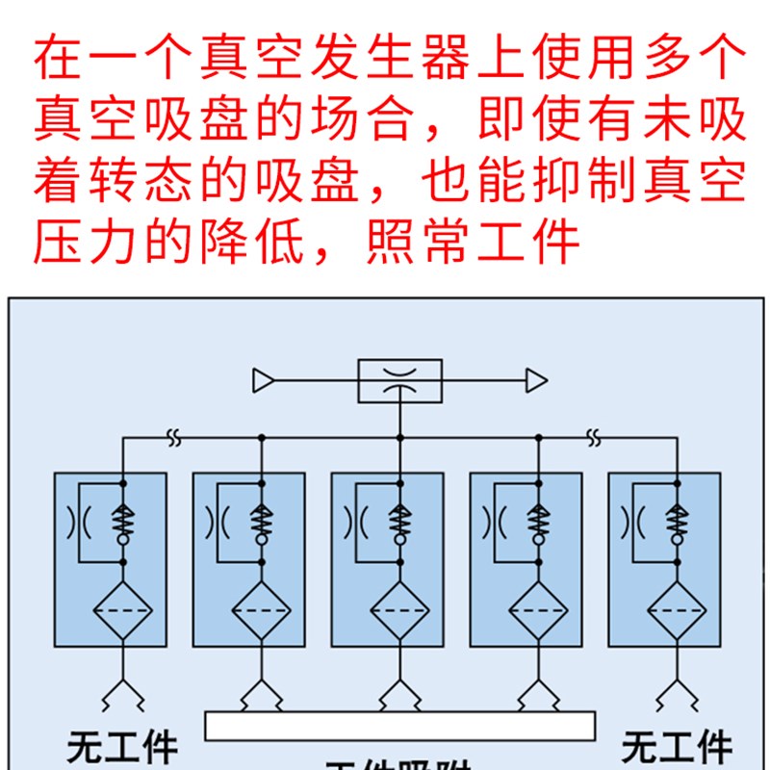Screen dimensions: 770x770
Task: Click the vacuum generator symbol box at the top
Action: tap(399, 381)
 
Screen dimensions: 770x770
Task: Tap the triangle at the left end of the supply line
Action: tap(263, 381)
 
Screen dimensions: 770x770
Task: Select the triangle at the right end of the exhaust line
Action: tap(536, 381)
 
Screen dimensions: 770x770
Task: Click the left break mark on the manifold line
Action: tap(174, 437)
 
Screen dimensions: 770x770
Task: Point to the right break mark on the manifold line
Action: tap(594, 437)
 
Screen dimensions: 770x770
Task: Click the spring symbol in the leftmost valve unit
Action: tap(123, 521)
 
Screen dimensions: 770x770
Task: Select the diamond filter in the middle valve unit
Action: tap(399, 610)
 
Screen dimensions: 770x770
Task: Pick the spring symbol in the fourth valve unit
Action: tap(538, 521)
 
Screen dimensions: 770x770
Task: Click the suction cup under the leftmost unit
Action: tap(123, 692)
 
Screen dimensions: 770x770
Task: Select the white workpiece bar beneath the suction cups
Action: tap(399, 725)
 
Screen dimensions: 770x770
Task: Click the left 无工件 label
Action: tap(123, 748)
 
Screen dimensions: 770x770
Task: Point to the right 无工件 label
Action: tap(676, 748)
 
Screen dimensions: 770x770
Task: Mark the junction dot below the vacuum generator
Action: tap(399, 437)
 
